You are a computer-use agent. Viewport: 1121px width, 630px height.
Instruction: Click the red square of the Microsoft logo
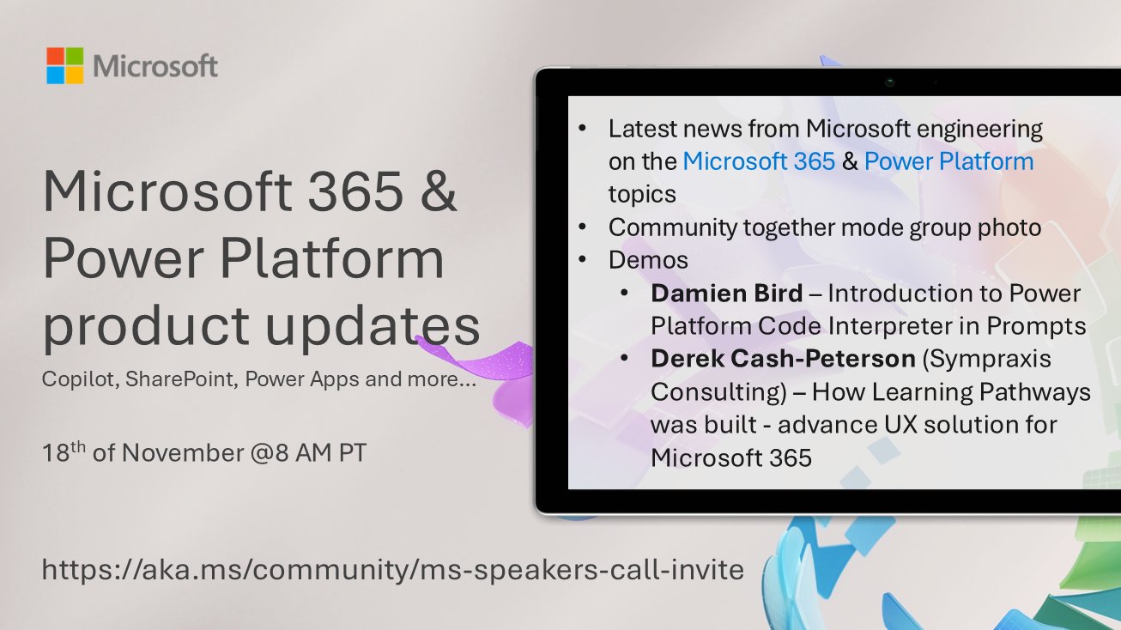point(55,56)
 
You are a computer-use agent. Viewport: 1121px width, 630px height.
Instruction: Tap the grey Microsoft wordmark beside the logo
point(155,66)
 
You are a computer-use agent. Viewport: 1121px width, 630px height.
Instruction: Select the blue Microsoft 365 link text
point(759,161)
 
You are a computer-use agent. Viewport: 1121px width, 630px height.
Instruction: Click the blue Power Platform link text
point(948,161)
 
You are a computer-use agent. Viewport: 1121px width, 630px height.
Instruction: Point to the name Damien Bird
point(727,294)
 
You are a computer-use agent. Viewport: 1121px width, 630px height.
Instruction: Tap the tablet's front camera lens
point(890,82)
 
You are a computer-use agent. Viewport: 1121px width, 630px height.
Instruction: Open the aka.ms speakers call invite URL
point(392,569)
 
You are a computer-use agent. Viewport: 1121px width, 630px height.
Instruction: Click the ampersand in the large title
point(439,194)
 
